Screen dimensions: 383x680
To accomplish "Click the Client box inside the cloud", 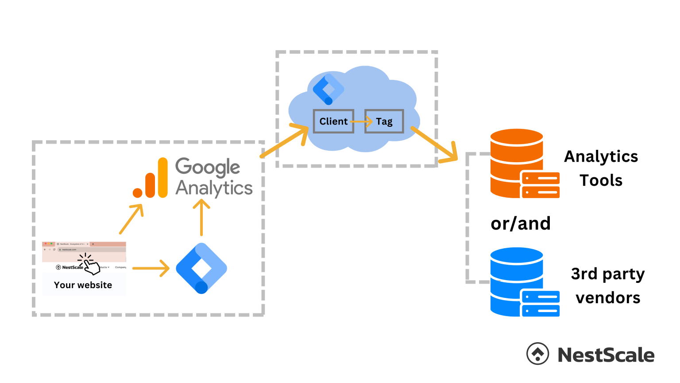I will (x=333, y=121).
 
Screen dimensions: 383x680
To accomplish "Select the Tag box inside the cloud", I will (x=384, y=121).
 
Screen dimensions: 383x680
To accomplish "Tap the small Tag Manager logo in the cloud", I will (x=328, y=89).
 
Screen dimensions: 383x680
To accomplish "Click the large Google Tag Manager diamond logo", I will (x=201, y=268).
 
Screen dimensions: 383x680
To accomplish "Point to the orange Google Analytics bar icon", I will (x=151, y=179).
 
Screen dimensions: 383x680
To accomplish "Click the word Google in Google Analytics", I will (x=208, y=167).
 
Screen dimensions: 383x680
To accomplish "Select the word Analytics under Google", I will (x=214, y=188).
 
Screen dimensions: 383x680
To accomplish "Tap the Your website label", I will (x=83, y=285).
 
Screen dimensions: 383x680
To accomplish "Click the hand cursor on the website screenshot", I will (x=91, y=266).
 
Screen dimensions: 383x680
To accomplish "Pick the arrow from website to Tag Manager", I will (x=151, y=268).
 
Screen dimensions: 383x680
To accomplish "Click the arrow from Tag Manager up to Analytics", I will (x=201, y=217).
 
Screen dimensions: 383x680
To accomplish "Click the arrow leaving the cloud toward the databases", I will (x=434, y=145).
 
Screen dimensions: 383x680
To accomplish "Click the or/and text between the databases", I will (x=521, y=223).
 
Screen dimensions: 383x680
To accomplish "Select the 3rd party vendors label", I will (x=607, y=285).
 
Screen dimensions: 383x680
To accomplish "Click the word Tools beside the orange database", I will (x=601, y=180).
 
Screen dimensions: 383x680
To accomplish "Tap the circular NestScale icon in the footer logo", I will (x=537, y=354).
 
